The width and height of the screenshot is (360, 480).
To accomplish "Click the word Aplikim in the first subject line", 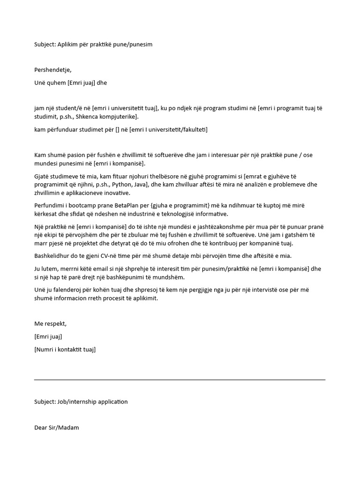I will [x=66, y=45].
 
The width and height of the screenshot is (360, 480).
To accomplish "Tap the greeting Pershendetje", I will [x=52, y=70].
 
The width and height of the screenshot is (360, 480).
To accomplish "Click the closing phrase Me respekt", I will [x=50, y=324].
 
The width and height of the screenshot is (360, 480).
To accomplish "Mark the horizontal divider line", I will [x=180, y=380].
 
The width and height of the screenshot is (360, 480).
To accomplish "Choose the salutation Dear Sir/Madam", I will [x=56, y=427].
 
